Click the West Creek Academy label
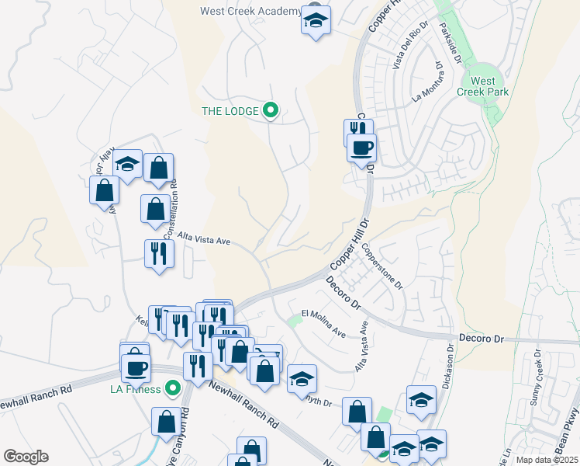[250, 11]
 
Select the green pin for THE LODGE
[270, 111]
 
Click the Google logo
[26, 457]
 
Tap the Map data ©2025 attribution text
[547, 460]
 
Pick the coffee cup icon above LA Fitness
[136, 367]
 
